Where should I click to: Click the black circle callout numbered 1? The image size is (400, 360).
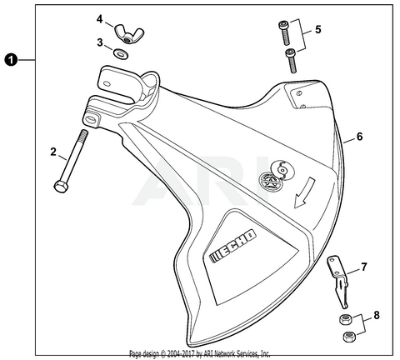pos(10,59)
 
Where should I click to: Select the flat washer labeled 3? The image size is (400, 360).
pos(122,54)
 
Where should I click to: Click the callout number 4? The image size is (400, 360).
pos(99,18)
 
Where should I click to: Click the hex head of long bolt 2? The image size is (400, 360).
pos(60,186)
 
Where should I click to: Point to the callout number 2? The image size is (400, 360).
pos(52,152)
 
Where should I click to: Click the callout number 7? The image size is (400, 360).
pos(363,268)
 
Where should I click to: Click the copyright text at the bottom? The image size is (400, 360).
pos(200,353)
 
